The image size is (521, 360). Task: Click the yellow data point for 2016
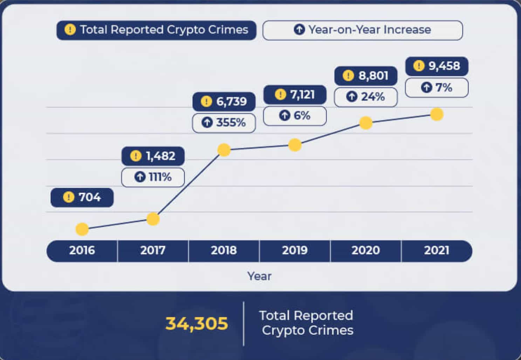[82, 229]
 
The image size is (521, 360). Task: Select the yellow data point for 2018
[224, 150]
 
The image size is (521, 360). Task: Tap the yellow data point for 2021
[437, 114]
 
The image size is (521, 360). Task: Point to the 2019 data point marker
[295, 145]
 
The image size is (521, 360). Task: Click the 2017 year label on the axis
[153, 250]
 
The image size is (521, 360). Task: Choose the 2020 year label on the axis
[365, 250]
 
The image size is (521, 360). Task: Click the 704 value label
[82, 198]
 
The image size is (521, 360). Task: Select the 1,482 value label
[153, 156]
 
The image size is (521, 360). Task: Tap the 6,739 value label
[224, 102]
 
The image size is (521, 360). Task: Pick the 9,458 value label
[437, 66]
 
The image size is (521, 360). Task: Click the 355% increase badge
[224, 123]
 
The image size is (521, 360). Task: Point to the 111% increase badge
[153, 177]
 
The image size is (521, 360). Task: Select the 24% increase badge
[366, 97]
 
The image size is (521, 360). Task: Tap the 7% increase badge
[437, 88]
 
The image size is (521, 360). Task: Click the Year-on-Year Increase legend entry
[363, 30]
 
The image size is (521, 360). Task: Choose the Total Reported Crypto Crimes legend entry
[156, 30]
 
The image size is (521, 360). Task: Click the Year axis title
[259, 276]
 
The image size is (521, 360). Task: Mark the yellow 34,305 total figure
[197, 323]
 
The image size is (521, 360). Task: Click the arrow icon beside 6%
[285, 115]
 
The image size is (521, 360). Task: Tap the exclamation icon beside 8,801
[348, 76]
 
